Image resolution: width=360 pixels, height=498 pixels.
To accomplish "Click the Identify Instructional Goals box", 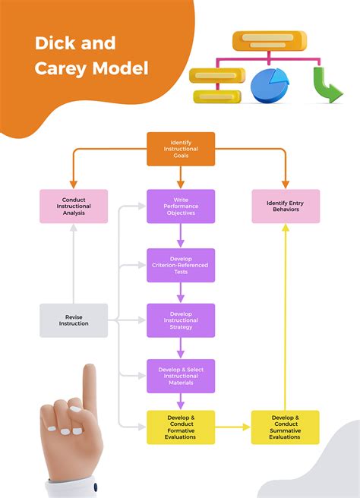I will [181, 149].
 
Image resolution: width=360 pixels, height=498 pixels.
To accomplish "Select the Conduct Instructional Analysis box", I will [74, 206].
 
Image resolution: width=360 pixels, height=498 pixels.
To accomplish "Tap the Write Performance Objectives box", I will [181, 206].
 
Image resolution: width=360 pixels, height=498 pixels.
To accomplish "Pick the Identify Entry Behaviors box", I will [286, 206].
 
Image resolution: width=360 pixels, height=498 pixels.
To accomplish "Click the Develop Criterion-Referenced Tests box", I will [181, 265].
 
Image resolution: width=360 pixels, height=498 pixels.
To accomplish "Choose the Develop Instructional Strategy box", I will [181, 320].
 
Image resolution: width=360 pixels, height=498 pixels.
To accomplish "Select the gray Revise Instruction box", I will [74, 320].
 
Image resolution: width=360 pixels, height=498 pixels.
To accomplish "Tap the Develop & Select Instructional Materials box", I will [181, 376].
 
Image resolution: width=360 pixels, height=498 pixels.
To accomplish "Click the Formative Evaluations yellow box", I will [181, 427].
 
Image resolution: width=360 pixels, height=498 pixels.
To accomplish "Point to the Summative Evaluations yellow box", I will [286, 427].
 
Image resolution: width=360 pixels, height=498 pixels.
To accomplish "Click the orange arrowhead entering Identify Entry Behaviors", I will [286, 184].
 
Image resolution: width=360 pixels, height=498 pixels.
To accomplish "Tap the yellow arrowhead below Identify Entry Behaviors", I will [286, 229].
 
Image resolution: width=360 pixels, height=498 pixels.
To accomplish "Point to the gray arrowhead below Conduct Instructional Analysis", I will [74, 229].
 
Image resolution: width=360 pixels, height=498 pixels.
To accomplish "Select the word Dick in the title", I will [55, 43].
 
